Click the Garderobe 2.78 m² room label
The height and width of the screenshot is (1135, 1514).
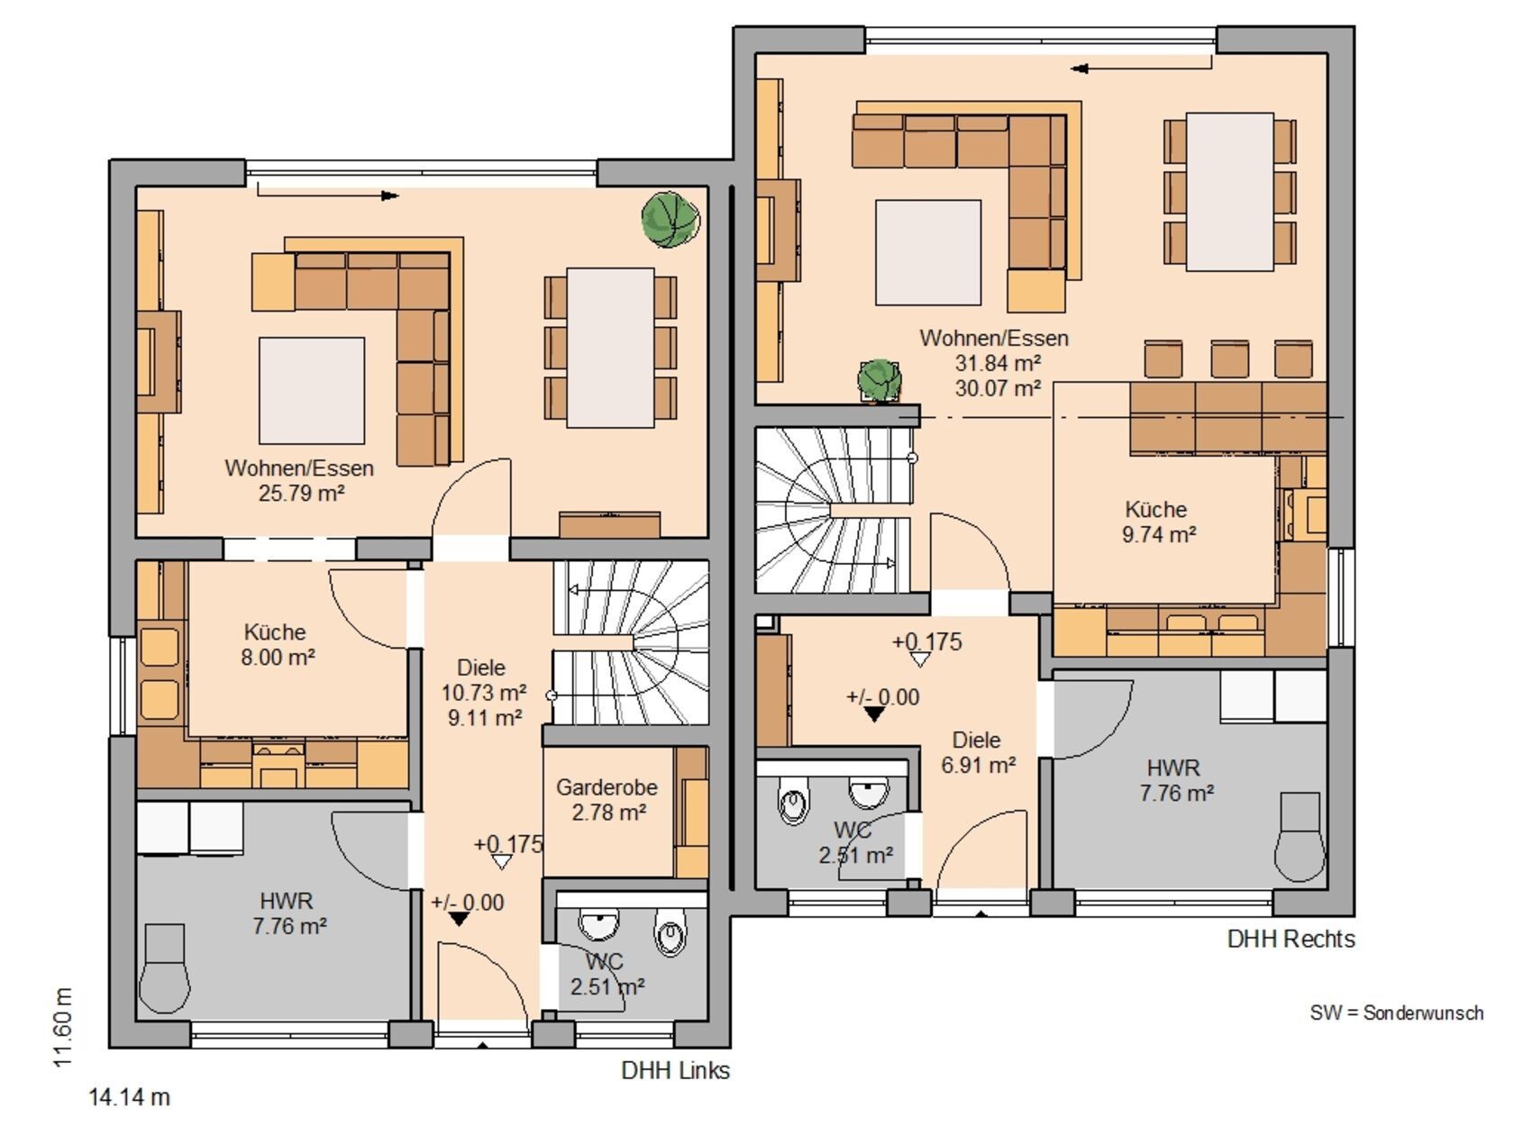[607, 799]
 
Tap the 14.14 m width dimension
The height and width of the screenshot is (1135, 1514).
[129, 1096]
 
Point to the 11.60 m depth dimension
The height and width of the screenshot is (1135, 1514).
[63, 1027]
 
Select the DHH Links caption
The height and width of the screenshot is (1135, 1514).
[675, 1070]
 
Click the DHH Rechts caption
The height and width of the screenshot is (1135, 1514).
[1291, 939]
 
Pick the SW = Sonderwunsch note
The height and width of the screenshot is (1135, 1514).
[1397, 1013]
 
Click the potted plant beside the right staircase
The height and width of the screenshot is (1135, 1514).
[880, 380]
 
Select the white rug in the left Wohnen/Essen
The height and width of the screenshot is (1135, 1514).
[312, 391]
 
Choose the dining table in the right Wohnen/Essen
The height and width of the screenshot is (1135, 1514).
[1230, 192]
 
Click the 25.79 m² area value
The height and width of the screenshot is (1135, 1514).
[301, 494]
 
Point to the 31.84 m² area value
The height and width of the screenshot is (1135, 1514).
[998, 362]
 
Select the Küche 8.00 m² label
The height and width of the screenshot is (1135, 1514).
[278, 644]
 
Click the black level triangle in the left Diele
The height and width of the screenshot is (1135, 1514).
[459, 918]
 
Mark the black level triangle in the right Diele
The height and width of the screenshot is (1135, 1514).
[874, 714]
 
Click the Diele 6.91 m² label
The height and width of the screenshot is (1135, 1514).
[978, 752]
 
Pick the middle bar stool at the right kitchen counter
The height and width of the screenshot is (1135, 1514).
[1230, 359]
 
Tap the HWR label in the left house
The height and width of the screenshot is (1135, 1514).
[287, 901]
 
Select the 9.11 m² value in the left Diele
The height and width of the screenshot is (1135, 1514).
[485, 717]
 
